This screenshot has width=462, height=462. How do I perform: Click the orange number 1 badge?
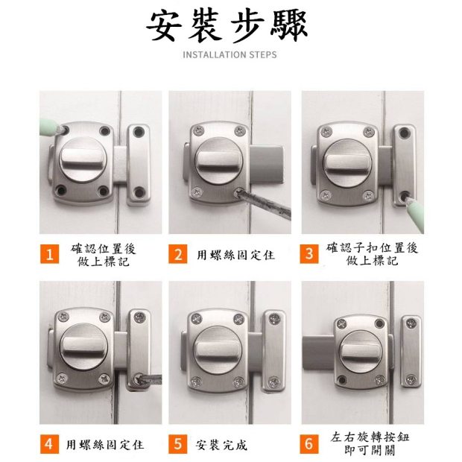pos(49,254)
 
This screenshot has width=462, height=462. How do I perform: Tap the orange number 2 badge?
pos(178,254)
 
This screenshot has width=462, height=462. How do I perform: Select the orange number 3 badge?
pos(309,254)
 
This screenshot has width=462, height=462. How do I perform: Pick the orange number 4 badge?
pos(49,444)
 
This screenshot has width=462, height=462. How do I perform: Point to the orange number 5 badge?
pos(178,444)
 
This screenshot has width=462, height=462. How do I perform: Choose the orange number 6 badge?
pos(309,444)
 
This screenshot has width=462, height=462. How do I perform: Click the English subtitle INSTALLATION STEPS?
pos(230,55)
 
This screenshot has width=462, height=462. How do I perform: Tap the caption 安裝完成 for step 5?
pos(221,445)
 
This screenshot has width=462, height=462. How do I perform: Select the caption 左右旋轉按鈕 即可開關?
pos(370,443)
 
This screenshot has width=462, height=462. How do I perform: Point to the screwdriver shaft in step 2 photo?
pos(264,203)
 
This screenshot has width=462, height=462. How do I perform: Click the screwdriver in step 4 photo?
pos(150,379)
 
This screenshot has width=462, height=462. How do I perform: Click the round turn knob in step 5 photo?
pos(218,349)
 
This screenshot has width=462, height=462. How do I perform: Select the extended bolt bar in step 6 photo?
pos(319,352)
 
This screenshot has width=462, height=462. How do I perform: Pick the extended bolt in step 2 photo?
pos(267,163)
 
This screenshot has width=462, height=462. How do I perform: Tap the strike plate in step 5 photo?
pos(274,351)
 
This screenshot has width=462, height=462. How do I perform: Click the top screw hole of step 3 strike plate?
pos(404,133)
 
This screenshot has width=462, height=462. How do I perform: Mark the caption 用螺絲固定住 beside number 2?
pos(235,255)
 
